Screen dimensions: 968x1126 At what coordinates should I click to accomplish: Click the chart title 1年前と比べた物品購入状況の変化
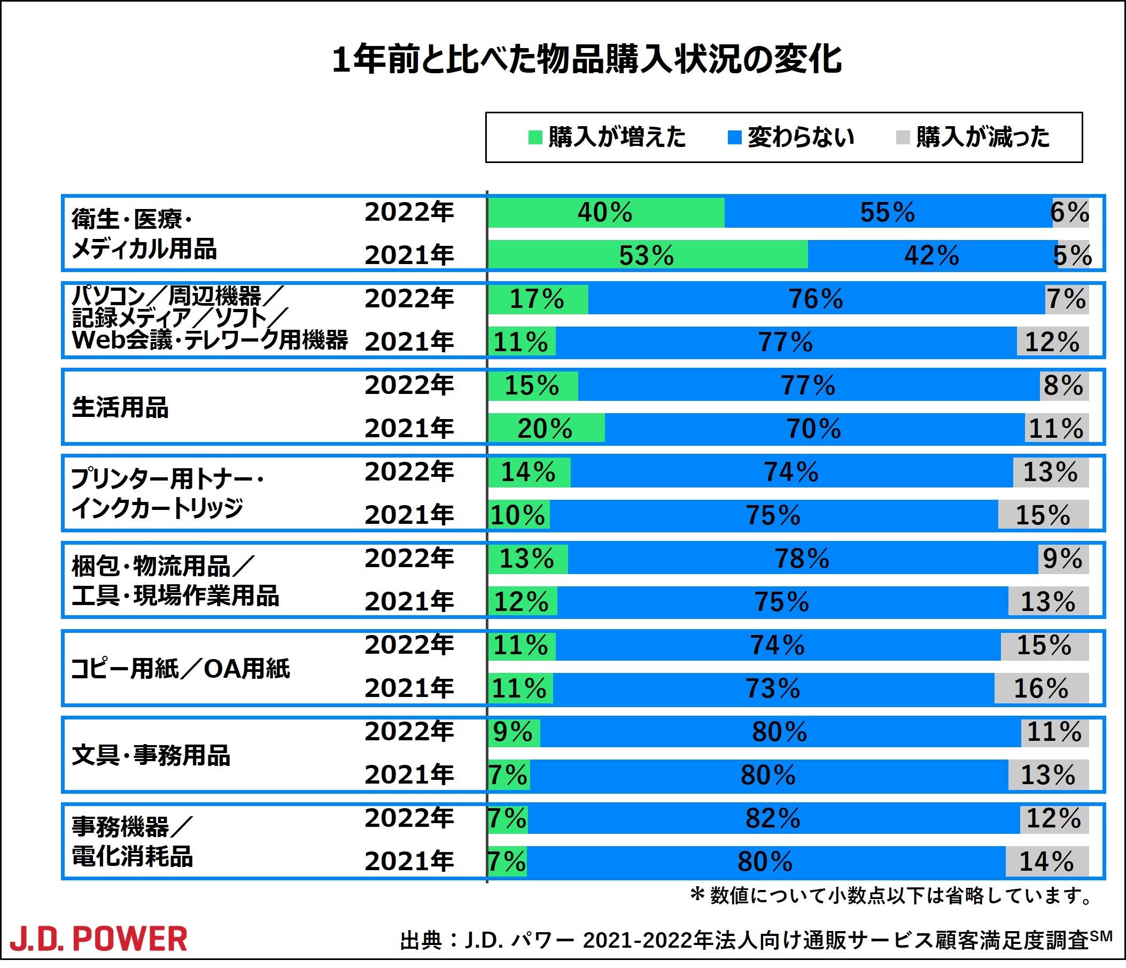click(587, 59)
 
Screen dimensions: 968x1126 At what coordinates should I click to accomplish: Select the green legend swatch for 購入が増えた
click(535, 137)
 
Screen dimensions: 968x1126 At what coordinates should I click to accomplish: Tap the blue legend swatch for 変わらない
click(734, 137)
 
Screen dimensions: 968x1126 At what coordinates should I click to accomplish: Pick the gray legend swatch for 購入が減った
click(903, 137)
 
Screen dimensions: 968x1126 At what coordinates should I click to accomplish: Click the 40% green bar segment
click(605, 213)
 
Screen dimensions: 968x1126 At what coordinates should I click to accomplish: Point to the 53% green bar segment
click(647, 255)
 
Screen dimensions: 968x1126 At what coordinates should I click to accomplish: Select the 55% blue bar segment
click(888, 213)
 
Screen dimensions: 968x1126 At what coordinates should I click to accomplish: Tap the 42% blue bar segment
click(931, 255)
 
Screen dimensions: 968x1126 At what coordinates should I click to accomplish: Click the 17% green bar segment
click(537, 299)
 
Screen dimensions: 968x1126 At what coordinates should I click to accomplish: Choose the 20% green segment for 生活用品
click(545, 428)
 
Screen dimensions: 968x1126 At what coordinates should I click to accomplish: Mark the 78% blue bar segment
click(802, 559)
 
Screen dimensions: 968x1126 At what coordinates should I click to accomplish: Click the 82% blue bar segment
click(773, 818)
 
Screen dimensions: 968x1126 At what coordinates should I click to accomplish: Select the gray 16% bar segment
click(1041, 688)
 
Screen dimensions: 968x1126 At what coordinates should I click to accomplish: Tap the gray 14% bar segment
click(1047, 862)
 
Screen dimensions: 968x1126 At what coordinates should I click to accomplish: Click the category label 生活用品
click(120, 408)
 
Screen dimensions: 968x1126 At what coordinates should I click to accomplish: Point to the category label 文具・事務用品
click(151, 755)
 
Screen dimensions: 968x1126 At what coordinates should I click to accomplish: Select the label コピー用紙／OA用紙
click(181, 669)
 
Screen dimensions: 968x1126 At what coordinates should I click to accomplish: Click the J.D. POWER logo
click(98, 940)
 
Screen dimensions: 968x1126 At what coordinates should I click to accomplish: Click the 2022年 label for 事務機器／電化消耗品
click(409, 818)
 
